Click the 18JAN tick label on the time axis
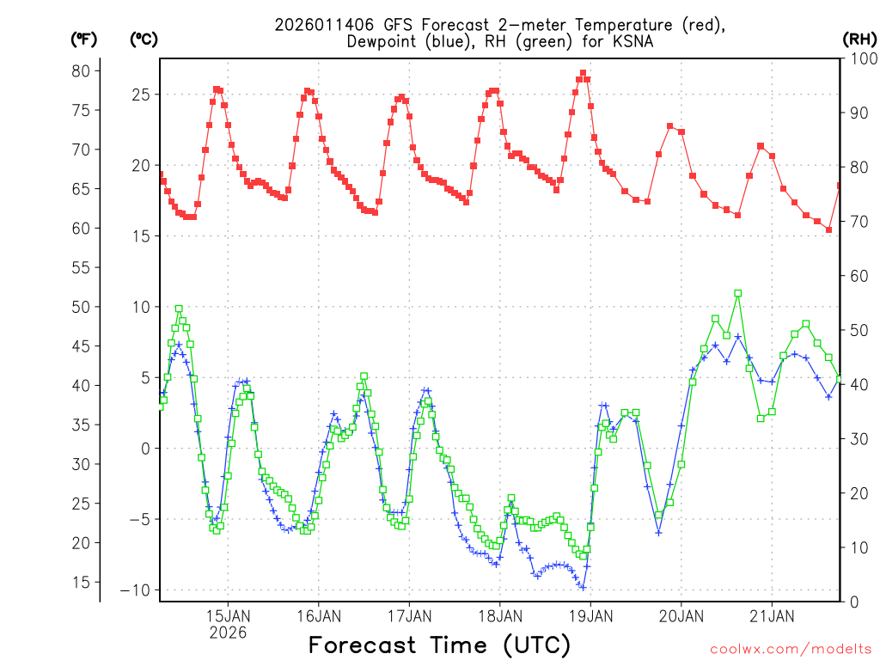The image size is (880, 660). point(499,615)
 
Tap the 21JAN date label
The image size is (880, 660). point(772,615)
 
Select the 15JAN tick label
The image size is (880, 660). point(228,615)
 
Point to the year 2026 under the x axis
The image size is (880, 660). point(228,632)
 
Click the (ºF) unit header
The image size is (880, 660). point(84,39)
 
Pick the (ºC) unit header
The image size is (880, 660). point(144,39)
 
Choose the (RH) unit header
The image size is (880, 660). point(859,39)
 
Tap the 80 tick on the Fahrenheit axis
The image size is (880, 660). point(81,70)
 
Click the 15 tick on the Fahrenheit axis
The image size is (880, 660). point(81,582)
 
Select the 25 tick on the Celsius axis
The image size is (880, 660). point(140,94)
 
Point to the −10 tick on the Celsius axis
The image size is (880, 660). point(136,590)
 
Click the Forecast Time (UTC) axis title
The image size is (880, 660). point(439,645)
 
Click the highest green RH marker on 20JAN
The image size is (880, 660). point(737,293)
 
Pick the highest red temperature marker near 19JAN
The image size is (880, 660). point(583,74)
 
